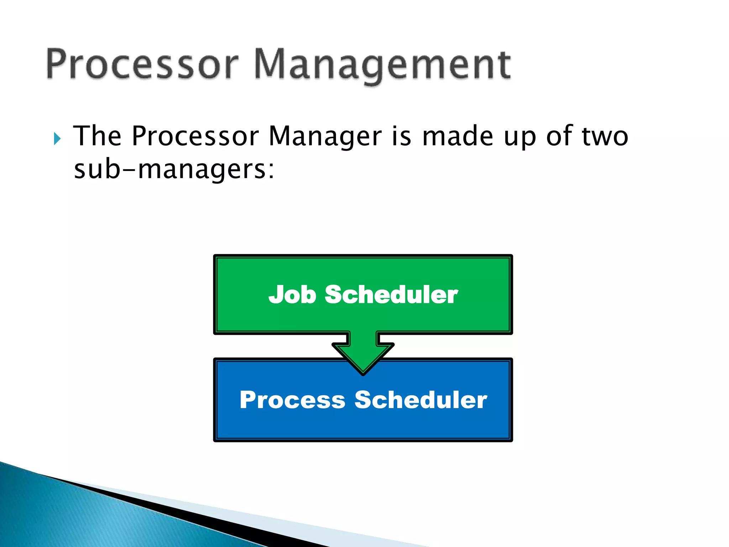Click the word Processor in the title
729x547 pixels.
[142, 64]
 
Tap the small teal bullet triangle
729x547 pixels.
[57, 139]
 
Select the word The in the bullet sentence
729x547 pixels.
[97, 136]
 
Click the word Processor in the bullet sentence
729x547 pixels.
[195, 136]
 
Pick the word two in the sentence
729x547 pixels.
[605, 137]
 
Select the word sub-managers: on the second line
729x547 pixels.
[174, 170]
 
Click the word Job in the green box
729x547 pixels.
[292, 295]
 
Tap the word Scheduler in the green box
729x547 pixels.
[391, 295]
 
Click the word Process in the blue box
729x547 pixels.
[292, 400]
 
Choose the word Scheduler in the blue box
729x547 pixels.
[421, 400]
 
